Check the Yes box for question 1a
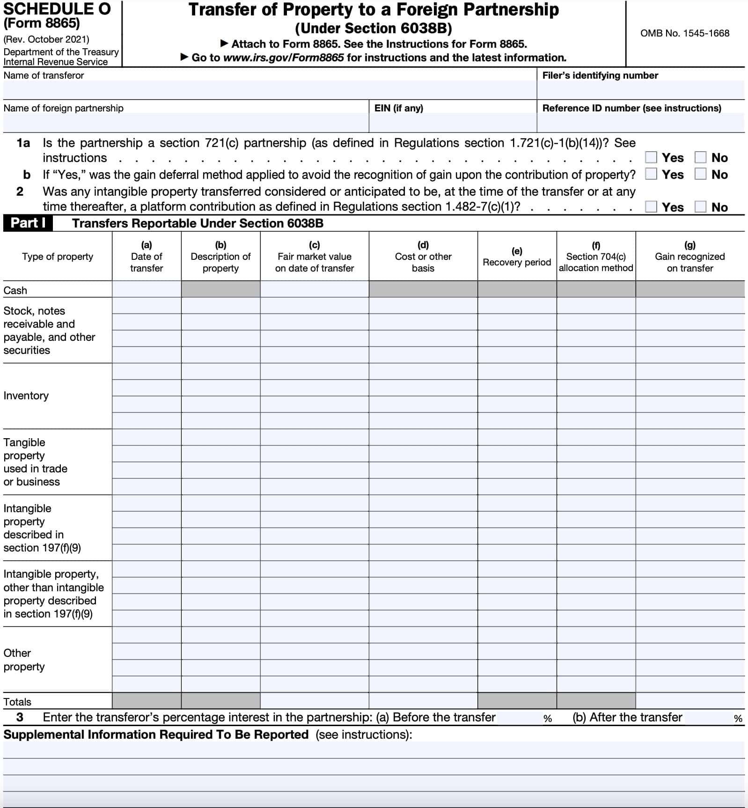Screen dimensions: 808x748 click(651, 157)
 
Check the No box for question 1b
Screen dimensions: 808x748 click(700, 174)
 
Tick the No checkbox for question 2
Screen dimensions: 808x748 click(700, 207)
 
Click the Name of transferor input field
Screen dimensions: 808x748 click(269, 90)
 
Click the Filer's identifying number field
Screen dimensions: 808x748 click(640, 90)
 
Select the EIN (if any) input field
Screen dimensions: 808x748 click(452, 123)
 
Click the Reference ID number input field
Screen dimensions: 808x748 click(640, 123)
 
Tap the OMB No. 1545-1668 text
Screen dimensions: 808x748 click(684, 33)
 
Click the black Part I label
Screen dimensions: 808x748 click(28, 223)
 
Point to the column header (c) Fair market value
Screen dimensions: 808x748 click(314, 257)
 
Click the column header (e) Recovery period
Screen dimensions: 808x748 click(517, 257)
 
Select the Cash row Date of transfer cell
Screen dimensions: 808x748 click(147, 289)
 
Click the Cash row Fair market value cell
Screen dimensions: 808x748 click(314, 289)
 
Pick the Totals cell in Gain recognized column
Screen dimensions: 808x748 click(689, 701)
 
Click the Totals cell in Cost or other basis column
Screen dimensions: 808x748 click(423, 701)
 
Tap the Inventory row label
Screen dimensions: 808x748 click(26, 396)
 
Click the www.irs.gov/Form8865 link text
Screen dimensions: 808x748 click(284, 58)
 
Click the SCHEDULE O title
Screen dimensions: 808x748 click(57, 9)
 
